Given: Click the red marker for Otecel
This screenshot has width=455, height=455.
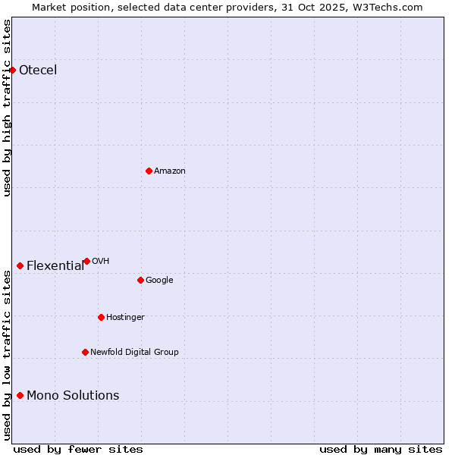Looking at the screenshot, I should point(12,70).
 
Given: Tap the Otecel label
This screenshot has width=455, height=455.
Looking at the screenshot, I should point(38,71).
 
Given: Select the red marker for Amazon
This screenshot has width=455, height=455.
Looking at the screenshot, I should point(149,171).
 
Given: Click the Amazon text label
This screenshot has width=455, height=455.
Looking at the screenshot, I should point(170,171).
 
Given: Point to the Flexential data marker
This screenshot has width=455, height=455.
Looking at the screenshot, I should point(20,265).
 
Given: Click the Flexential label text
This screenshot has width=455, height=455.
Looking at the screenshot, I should point(55,265).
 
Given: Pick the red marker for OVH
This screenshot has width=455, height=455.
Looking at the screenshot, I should point(86,261).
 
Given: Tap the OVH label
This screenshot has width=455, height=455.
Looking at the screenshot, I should point(101,262).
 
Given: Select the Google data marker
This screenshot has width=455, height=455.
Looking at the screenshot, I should point(140,280).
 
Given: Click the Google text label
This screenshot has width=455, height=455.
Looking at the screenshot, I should point(159,281).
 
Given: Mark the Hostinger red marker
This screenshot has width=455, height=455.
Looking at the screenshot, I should point(101,317).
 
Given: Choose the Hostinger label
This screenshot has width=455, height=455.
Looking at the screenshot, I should point(125,318).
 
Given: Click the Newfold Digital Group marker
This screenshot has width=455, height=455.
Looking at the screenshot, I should point(85,352).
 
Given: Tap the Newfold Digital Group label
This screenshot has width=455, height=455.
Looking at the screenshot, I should point(134,353).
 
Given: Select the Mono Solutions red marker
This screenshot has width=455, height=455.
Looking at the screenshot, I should point(20,395).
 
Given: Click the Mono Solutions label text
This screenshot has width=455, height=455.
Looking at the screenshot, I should point(73,395).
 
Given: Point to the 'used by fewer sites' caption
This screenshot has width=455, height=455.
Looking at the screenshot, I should point(78,449).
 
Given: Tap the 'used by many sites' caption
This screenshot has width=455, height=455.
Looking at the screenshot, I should point(381,449).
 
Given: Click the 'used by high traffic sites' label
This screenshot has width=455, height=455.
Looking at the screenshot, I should point(7,108).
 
